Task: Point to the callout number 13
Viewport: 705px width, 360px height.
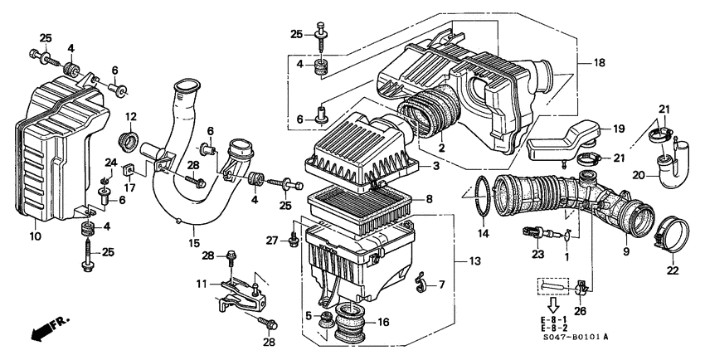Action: [474, 262]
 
